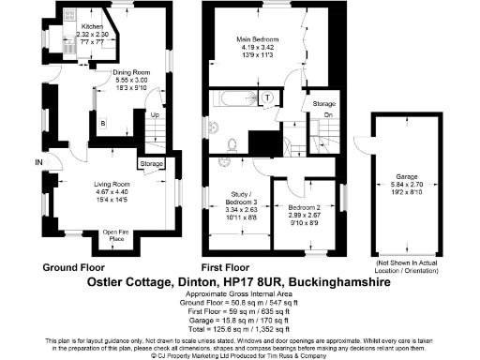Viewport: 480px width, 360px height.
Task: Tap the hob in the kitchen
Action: [68, 16]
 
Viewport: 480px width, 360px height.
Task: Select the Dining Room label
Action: [130, 71]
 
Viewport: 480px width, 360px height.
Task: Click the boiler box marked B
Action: [103, 122]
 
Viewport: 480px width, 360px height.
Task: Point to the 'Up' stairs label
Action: [154, 115]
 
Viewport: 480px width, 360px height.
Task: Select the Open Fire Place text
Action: [115, 234]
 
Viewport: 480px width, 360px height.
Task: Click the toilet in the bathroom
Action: [232, 143]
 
